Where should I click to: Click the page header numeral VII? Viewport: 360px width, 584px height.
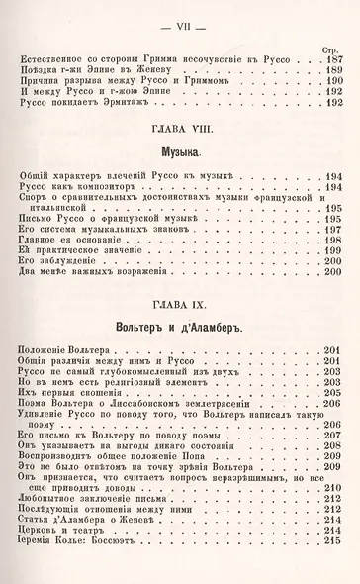[x=180, y=12]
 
